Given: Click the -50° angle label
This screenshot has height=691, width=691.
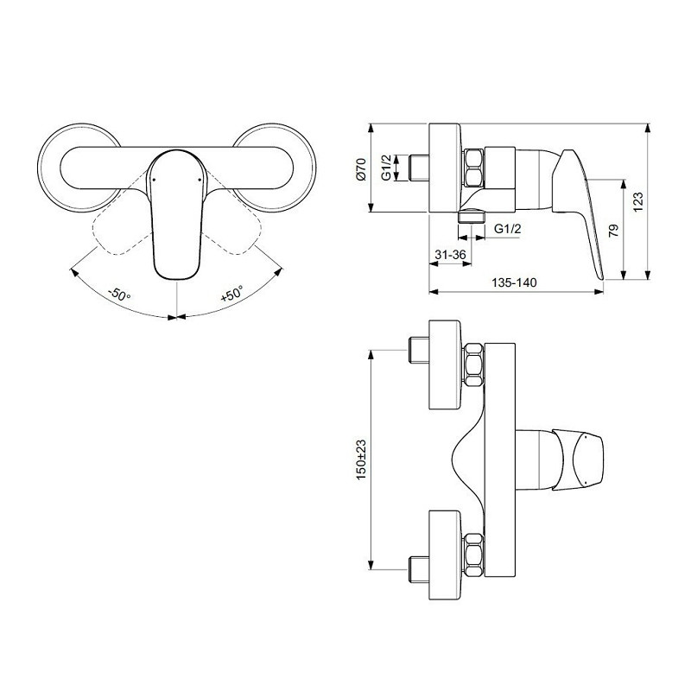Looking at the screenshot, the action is tap(119, 294).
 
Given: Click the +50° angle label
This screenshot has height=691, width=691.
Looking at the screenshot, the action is tap(231, 294).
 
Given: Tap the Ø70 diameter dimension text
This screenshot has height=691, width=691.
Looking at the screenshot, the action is tap(361, 168).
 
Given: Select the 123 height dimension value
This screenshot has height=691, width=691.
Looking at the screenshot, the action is tap(637, 201).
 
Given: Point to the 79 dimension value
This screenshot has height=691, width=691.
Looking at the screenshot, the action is tap(613, 230).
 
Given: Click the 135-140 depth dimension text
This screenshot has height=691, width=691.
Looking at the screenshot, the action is tap(514, 282).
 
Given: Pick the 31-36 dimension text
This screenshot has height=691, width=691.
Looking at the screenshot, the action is tap(450, 255).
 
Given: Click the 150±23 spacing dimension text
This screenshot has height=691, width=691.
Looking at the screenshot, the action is tap(361, 460).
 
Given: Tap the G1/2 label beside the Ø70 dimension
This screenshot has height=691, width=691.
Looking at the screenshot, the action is tap(386, 168).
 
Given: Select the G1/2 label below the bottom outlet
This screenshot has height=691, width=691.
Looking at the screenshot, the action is tap(507, 229).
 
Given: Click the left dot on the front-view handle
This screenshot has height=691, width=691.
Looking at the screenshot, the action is tap(154, 180).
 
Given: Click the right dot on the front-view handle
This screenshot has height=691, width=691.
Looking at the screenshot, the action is tap(200, 180).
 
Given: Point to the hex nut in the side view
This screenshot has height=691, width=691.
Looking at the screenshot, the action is tap(473, 168).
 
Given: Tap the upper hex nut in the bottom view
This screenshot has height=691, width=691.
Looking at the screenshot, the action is tap(473, 365).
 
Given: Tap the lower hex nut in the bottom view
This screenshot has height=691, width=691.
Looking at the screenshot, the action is tap(473, 555).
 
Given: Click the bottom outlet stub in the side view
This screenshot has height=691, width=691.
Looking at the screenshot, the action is tap(472, 217).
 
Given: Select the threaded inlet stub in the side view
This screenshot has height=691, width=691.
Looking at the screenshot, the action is tap(419, 168).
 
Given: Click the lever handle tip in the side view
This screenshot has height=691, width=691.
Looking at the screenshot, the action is tap(600, 276).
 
